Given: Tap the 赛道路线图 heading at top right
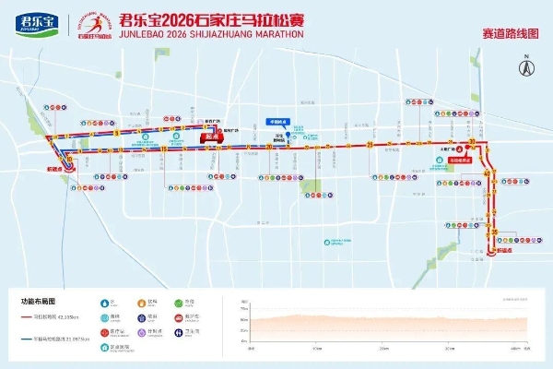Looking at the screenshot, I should tap(511, 32).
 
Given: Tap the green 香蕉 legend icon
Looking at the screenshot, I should tap(103, 316).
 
